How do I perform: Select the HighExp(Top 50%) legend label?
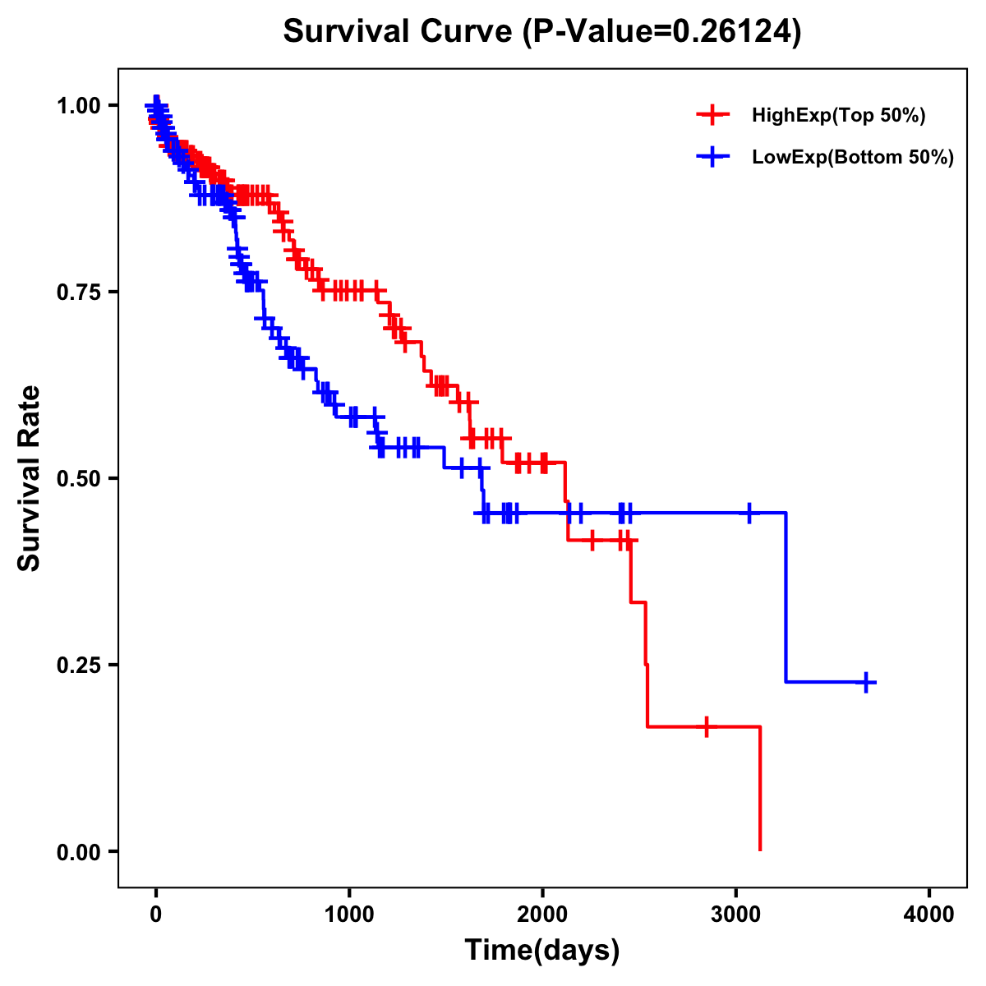coord(839,116)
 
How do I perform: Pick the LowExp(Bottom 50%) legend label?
coord(853,157)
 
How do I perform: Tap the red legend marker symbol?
coord(712,116)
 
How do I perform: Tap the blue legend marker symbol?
coord(712,157)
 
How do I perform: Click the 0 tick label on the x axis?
coord(156,914)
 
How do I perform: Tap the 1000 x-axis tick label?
coord(349,914)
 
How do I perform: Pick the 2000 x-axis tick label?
coord(542,914)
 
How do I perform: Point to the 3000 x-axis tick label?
coord(736,914)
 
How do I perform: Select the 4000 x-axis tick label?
coord(929,914)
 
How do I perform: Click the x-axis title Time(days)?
coord(542,951)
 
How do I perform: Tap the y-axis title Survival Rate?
coord(30,478)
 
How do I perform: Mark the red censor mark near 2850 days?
coord(706,727)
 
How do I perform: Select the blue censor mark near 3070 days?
coord(749,513)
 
